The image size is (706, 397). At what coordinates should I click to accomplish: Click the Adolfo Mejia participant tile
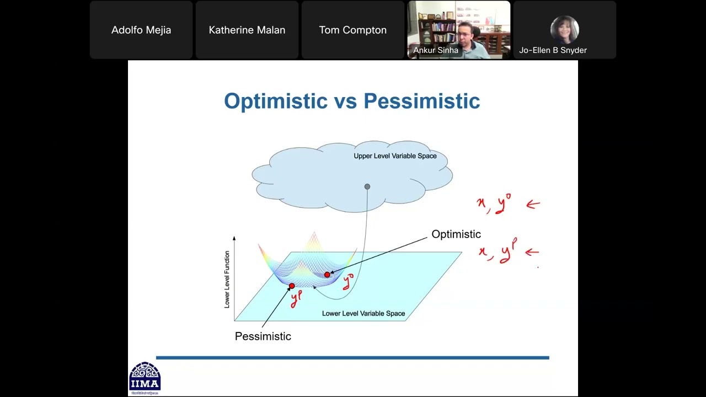[x=141, y=30]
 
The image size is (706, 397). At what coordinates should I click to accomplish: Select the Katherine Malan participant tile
[x=247, y=30]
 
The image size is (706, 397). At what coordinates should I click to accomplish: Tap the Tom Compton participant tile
[x=352, y=30]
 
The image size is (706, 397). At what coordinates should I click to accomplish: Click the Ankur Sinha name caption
[x=436, y=50]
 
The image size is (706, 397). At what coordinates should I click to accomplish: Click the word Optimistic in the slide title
[x=276, y=101]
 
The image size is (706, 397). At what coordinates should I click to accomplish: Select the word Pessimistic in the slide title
[x=421, y=101]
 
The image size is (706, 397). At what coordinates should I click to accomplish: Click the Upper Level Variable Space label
[x=395, y=156]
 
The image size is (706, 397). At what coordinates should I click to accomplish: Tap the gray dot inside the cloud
[x=367, y=187]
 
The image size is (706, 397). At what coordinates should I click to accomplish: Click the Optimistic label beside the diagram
[x=456, y=234]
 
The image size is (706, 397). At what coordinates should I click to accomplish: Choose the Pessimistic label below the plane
[x=263, y=336]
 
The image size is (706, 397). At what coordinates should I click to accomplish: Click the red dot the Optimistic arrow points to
[x=327, y=275]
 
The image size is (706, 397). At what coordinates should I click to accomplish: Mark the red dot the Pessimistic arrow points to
[x=292, y=286]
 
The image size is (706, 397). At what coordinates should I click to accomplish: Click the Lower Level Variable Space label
[x=363, y=314]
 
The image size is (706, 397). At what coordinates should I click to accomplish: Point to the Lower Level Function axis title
[x=227, y=279]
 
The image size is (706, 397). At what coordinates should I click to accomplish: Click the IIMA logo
[x=145, y=378]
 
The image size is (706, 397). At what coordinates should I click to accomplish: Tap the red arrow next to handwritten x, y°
[x=533, y=205]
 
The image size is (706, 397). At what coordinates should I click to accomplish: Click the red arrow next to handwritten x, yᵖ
[x=532, y=252]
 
